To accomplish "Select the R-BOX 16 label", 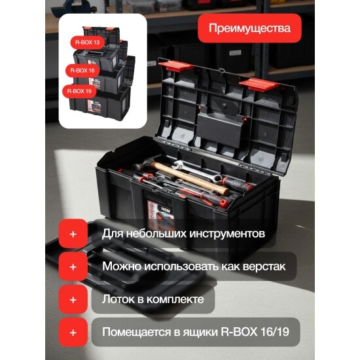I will click(x=83, y=68).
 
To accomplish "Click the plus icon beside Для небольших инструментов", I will click(x=73, y=233).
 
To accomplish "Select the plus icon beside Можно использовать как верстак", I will click(x=73, y=266).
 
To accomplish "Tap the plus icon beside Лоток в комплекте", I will click(x=73, y=299).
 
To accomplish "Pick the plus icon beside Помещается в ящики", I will click(x=73, y=333).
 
